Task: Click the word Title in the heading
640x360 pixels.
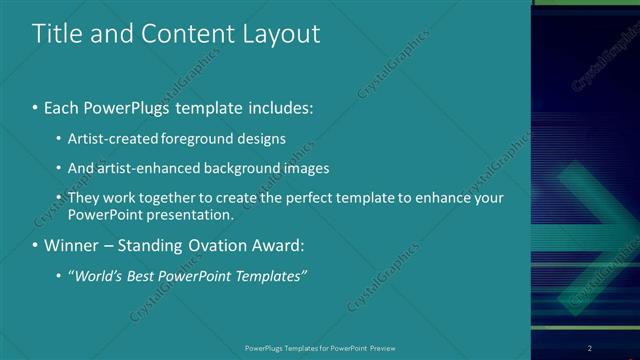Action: (56, 33)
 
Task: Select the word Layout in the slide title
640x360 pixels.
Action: (282, 33)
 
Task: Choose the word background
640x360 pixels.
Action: (236, 168)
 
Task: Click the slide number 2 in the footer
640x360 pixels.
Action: (590, 348)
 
